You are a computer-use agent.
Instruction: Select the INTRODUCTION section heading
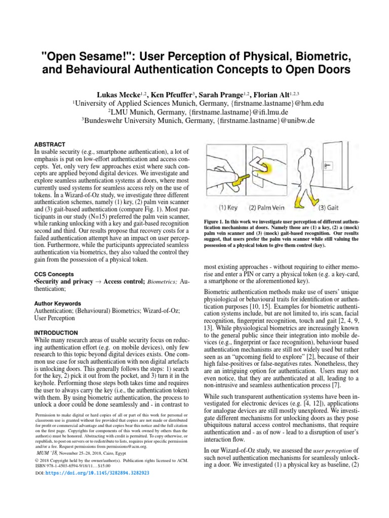(x=56, y=333)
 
